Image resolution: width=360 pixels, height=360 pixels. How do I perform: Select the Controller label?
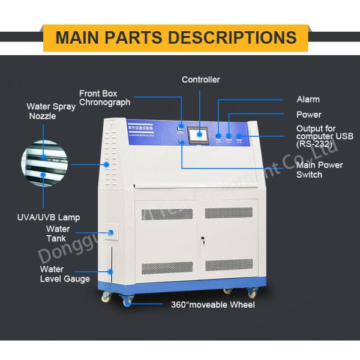click(x=201, y=80)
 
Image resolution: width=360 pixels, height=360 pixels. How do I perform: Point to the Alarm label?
click(x=308, y=100)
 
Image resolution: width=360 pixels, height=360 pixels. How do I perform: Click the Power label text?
click(x=309, y=115)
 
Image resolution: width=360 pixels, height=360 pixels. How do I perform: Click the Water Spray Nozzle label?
click(x=50, y=112)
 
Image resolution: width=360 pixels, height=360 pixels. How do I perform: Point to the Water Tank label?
click(x=58, y=233)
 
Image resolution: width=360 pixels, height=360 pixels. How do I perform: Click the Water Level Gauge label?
click(x=64, y=274)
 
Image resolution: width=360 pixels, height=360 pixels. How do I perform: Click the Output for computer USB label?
click(x=325, y=136)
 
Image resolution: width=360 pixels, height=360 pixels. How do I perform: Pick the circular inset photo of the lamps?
click(x=45, y=164)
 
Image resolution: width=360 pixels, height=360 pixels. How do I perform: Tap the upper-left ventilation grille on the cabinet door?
click(x=167, y=213)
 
